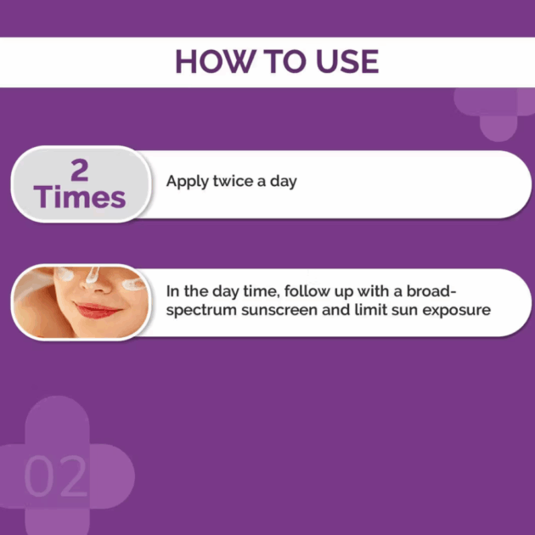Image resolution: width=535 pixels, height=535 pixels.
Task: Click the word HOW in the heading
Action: click(x=216, y=61)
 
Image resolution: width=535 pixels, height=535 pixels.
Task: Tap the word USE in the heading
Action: click(x=347, y=61)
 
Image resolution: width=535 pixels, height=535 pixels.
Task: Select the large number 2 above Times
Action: click(x=80, y=170)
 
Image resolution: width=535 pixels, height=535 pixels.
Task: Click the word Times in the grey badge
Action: click(x=80, y=197)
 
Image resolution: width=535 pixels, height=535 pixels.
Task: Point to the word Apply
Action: click(x=187, y=182)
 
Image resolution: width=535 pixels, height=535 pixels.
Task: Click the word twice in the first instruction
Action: click(x=233, y=181)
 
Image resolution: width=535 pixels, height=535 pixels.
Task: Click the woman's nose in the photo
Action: click(x=97, y=284)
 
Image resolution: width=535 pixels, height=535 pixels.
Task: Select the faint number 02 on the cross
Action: click(x=55, y=476)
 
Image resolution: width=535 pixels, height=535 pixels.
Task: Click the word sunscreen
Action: click(x=279, y=310)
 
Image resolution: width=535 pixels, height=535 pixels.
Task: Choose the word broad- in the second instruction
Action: click(x=431, y=291)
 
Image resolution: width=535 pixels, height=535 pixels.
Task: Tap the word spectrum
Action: click(x=201, y=311)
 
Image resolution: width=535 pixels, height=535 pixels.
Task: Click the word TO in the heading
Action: click(x=285, y=61)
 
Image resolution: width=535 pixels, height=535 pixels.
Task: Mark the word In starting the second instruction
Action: click(x=172, y=291)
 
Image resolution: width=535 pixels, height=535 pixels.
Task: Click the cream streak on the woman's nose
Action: click(x=92, y=275)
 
